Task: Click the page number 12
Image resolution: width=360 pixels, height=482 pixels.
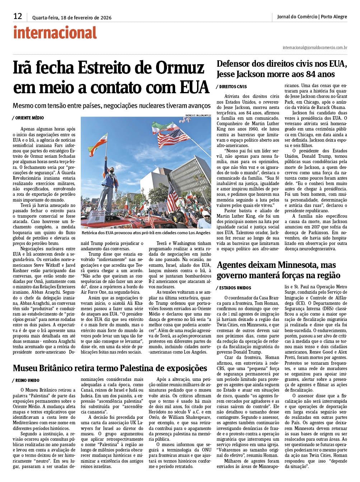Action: [x=18, y=16]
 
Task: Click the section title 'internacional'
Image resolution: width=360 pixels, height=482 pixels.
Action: [x=55, y=33]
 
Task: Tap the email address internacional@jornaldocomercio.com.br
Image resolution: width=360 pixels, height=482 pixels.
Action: [x=315, y=47]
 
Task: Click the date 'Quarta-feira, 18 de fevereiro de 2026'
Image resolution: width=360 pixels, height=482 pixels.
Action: [x=71, y=18]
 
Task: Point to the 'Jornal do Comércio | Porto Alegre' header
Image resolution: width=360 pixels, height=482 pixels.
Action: [x=312, y=16]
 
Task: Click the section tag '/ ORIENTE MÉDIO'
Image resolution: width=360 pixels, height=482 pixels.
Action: [x=28, y=118]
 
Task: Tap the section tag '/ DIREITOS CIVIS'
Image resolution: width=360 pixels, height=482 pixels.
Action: [x=232, y=87]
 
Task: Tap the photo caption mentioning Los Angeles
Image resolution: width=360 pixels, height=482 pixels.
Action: [x=146, y=233]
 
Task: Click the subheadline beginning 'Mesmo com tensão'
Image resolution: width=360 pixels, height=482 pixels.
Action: [x=111, y=106]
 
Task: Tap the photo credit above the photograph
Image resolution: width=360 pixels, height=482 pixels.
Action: [x=198, y=115]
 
